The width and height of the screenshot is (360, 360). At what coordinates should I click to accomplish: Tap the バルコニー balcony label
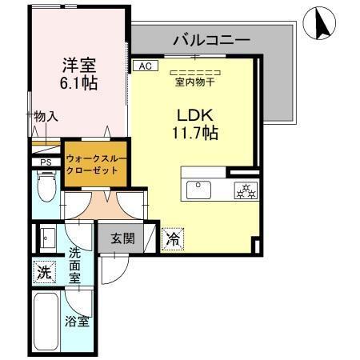click(211, 38)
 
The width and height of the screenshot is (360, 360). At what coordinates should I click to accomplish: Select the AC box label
click(144, 67)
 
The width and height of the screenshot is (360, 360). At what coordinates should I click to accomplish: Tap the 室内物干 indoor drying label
click(197, 80)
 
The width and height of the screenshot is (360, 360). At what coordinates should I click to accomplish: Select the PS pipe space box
click(45, 162)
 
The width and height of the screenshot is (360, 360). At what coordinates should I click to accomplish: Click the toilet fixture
click(46, 190)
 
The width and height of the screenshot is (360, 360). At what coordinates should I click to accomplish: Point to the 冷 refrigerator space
click(173, 238)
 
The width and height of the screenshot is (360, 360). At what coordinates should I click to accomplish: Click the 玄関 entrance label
click(122, 237)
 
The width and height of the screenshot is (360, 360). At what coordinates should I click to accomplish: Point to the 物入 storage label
click(46, 117)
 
